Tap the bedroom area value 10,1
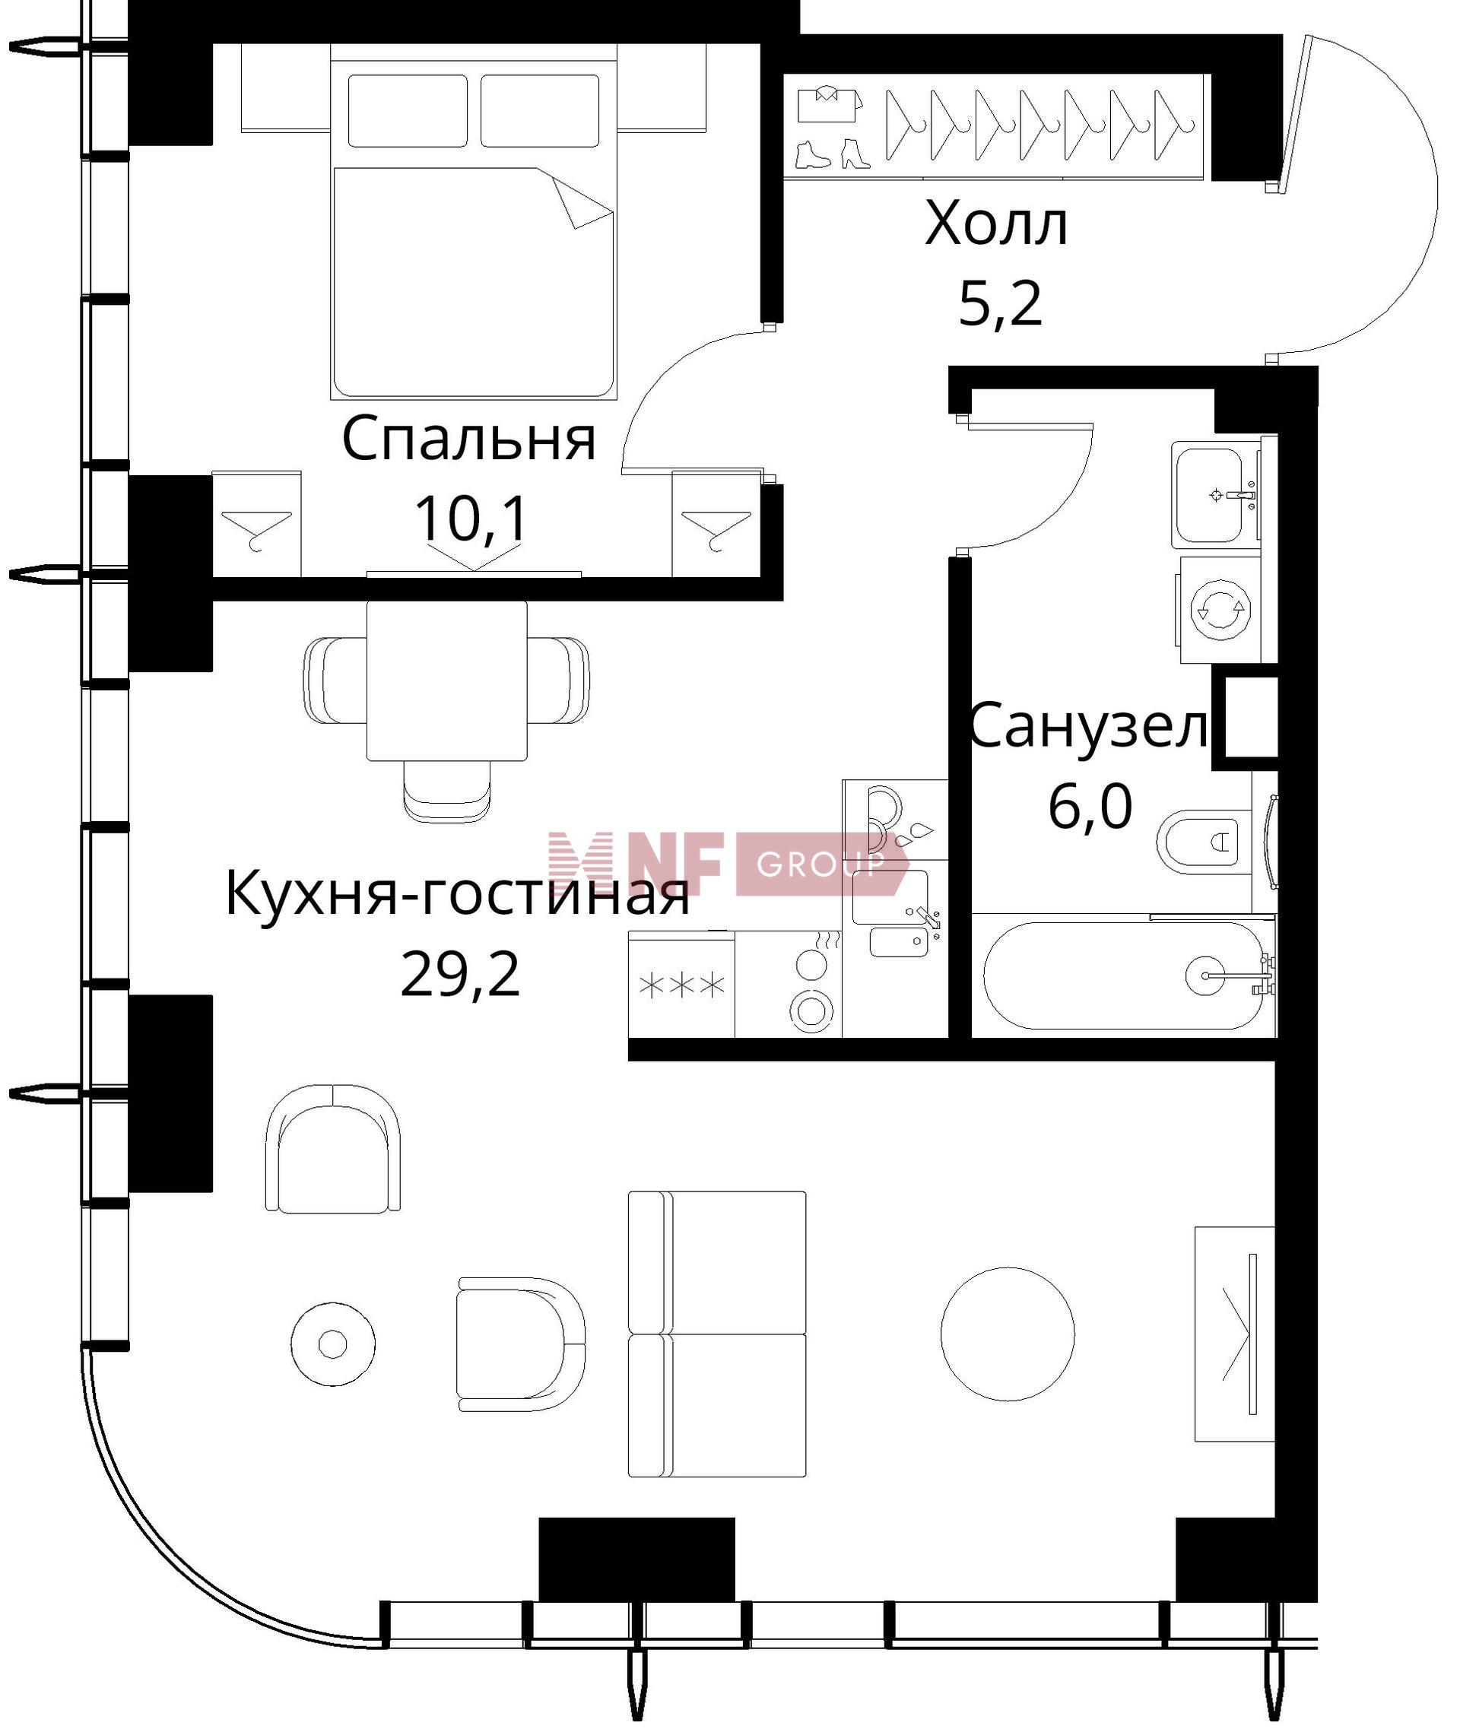(470, 520)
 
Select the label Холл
(995, 224)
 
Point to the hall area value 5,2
(1000, 304)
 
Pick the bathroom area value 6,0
(1090, 806)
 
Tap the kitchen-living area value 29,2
(460, 974)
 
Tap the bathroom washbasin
(1214, 495)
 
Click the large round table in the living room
(1008, 1334)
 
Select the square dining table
(447, 680)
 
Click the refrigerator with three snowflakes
(682, 985)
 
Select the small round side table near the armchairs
(333, 1344)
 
